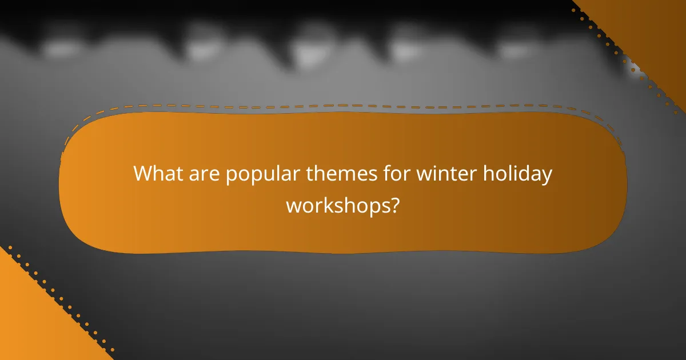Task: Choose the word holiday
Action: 518,174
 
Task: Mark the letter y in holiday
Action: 547,176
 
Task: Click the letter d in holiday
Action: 525,173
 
